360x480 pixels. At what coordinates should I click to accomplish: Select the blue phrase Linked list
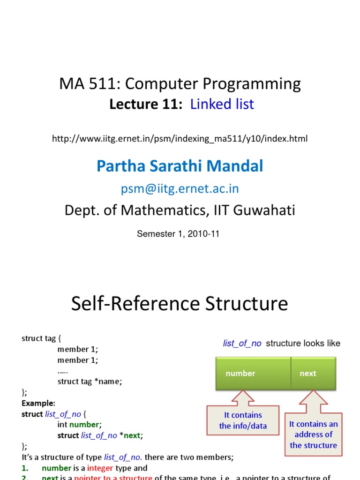coord(222,104)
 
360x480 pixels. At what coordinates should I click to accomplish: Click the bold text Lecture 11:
coord(146,104)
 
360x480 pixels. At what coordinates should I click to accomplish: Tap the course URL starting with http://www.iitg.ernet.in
coord(180,139)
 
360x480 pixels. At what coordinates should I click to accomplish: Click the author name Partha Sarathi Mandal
coord(180,165)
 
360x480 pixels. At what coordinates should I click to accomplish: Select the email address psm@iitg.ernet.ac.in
coord(180,188)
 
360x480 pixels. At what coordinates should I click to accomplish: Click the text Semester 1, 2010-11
coord(178,233)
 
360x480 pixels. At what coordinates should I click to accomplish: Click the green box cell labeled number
coord(240,374)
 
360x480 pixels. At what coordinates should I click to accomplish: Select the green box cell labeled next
coord(308,374)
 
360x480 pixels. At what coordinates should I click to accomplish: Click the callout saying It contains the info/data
coord(243,420)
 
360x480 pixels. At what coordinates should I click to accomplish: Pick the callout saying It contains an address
coord(313,435)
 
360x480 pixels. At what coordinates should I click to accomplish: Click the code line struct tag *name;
coord(90,382)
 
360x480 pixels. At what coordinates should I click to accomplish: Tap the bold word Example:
coord(38,403)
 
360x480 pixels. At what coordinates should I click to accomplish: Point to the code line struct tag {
coord(41,338)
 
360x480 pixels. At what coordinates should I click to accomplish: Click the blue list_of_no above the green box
coord(242,343)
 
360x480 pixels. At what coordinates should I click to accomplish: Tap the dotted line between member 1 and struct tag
coord(63,371)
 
